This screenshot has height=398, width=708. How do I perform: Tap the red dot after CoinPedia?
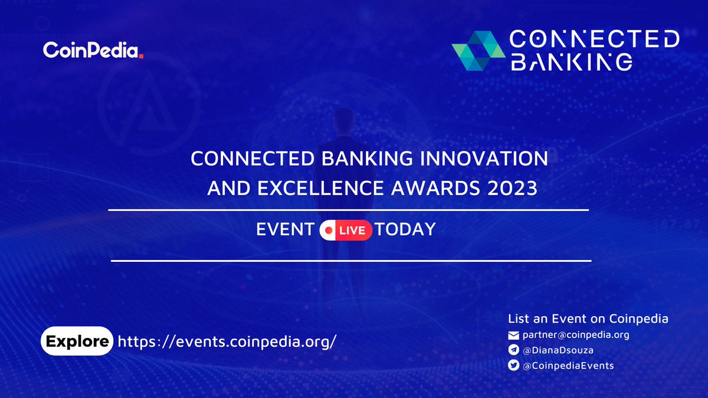pos(142,57)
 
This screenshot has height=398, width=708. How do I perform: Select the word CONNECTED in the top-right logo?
pos(594,40)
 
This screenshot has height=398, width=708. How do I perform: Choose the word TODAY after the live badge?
pos(405,230)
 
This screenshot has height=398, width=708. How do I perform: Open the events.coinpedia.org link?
pos(227,341)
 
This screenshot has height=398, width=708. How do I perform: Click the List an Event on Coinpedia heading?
pos(588,319)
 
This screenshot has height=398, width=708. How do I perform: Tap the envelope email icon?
pos(513,335)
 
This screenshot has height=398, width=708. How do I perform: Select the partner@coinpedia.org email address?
pos(576,335)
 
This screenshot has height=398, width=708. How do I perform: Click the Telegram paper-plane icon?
pos(513,350)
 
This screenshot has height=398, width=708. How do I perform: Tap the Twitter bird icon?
pos(513,366)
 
